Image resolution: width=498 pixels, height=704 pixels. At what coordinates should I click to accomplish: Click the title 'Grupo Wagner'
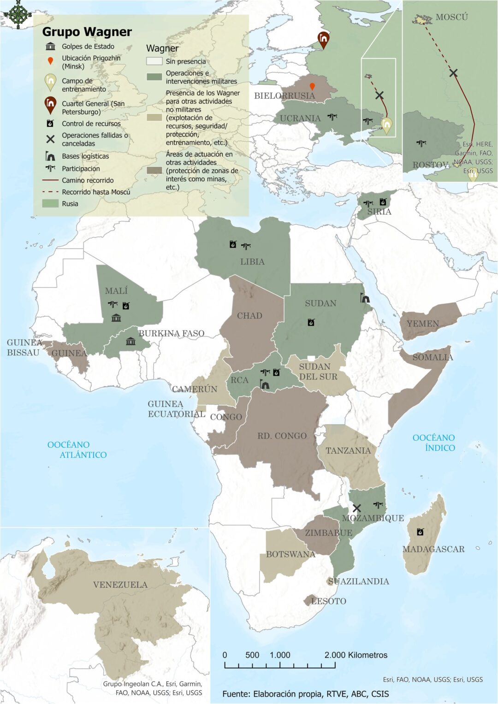click(x=87, y=32)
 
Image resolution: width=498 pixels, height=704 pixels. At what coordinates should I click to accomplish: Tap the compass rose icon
click(x=18, y=14)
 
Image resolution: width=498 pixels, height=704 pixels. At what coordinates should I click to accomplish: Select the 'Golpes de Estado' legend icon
click(x=50, y=47)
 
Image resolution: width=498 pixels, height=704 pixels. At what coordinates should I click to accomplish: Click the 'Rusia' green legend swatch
click(x=50, y=203)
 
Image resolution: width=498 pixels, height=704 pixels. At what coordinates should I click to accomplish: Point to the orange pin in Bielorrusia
click(x=312, y=86)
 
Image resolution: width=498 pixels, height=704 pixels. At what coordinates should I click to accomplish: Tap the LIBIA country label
click(x=252, y=261)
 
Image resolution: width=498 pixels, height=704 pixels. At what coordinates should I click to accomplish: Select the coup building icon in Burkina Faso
click(x=130, y=341)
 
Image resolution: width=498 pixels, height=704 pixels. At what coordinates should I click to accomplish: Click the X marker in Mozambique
click(x=356, y=508)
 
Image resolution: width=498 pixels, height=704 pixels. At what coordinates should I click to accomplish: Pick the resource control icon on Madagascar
click(x=420, y=532)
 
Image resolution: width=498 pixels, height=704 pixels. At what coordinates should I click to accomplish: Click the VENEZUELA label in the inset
click(x=120, y=585)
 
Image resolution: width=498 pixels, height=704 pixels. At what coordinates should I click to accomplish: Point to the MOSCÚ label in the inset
click(x=451, y=17)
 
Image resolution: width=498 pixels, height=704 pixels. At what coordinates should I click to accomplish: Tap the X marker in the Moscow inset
click(x=453, y=73)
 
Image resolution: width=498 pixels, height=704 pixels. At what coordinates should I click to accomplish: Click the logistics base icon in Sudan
click(x=365, y=298)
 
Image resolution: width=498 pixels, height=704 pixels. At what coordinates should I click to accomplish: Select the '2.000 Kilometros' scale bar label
click(x=356, y=655)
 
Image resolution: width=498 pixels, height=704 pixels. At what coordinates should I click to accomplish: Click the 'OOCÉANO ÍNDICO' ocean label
click(x=433, y=443)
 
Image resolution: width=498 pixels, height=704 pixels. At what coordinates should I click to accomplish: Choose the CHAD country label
click(x=249, y=316)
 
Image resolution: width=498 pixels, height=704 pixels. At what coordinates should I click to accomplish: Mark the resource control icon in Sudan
click(x=311, y=322)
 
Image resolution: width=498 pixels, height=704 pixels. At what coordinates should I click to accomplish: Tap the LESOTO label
click(x=328, y=601)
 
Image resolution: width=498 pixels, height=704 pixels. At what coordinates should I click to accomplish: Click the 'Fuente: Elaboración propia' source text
click(x=305, y=694)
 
